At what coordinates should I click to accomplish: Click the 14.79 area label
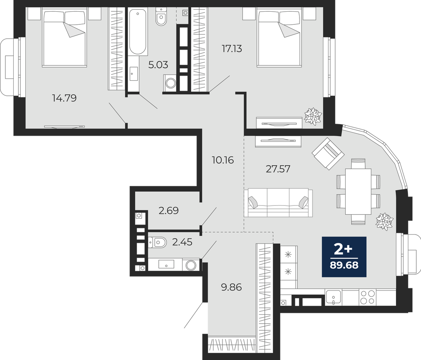(64, 98)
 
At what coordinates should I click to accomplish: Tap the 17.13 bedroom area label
(232, 49)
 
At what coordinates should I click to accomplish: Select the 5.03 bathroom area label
(158, 65)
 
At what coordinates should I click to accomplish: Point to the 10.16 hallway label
(223, 160)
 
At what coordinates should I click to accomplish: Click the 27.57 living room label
(278, 169)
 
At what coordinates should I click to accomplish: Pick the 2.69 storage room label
(169, 211)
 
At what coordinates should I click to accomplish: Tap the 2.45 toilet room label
(182, 242)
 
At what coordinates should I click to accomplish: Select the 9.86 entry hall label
(231, 287)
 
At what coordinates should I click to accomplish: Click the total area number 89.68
(344, 265)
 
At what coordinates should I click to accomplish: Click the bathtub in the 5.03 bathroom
(138, 32)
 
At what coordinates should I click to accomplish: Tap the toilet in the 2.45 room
(157, 242)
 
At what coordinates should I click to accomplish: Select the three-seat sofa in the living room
(278, 203)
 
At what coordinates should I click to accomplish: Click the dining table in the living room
(358, 192)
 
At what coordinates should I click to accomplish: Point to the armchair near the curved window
(328, 154)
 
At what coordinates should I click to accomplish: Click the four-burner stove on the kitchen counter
(368, 297)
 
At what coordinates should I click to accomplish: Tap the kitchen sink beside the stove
(334, 297)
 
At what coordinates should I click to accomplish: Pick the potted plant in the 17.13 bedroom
(313, 116)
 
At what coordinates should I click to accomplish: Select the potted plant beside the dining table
(385, 222)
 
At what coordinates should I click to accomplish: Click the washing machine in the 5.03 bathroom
(170, 83)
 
